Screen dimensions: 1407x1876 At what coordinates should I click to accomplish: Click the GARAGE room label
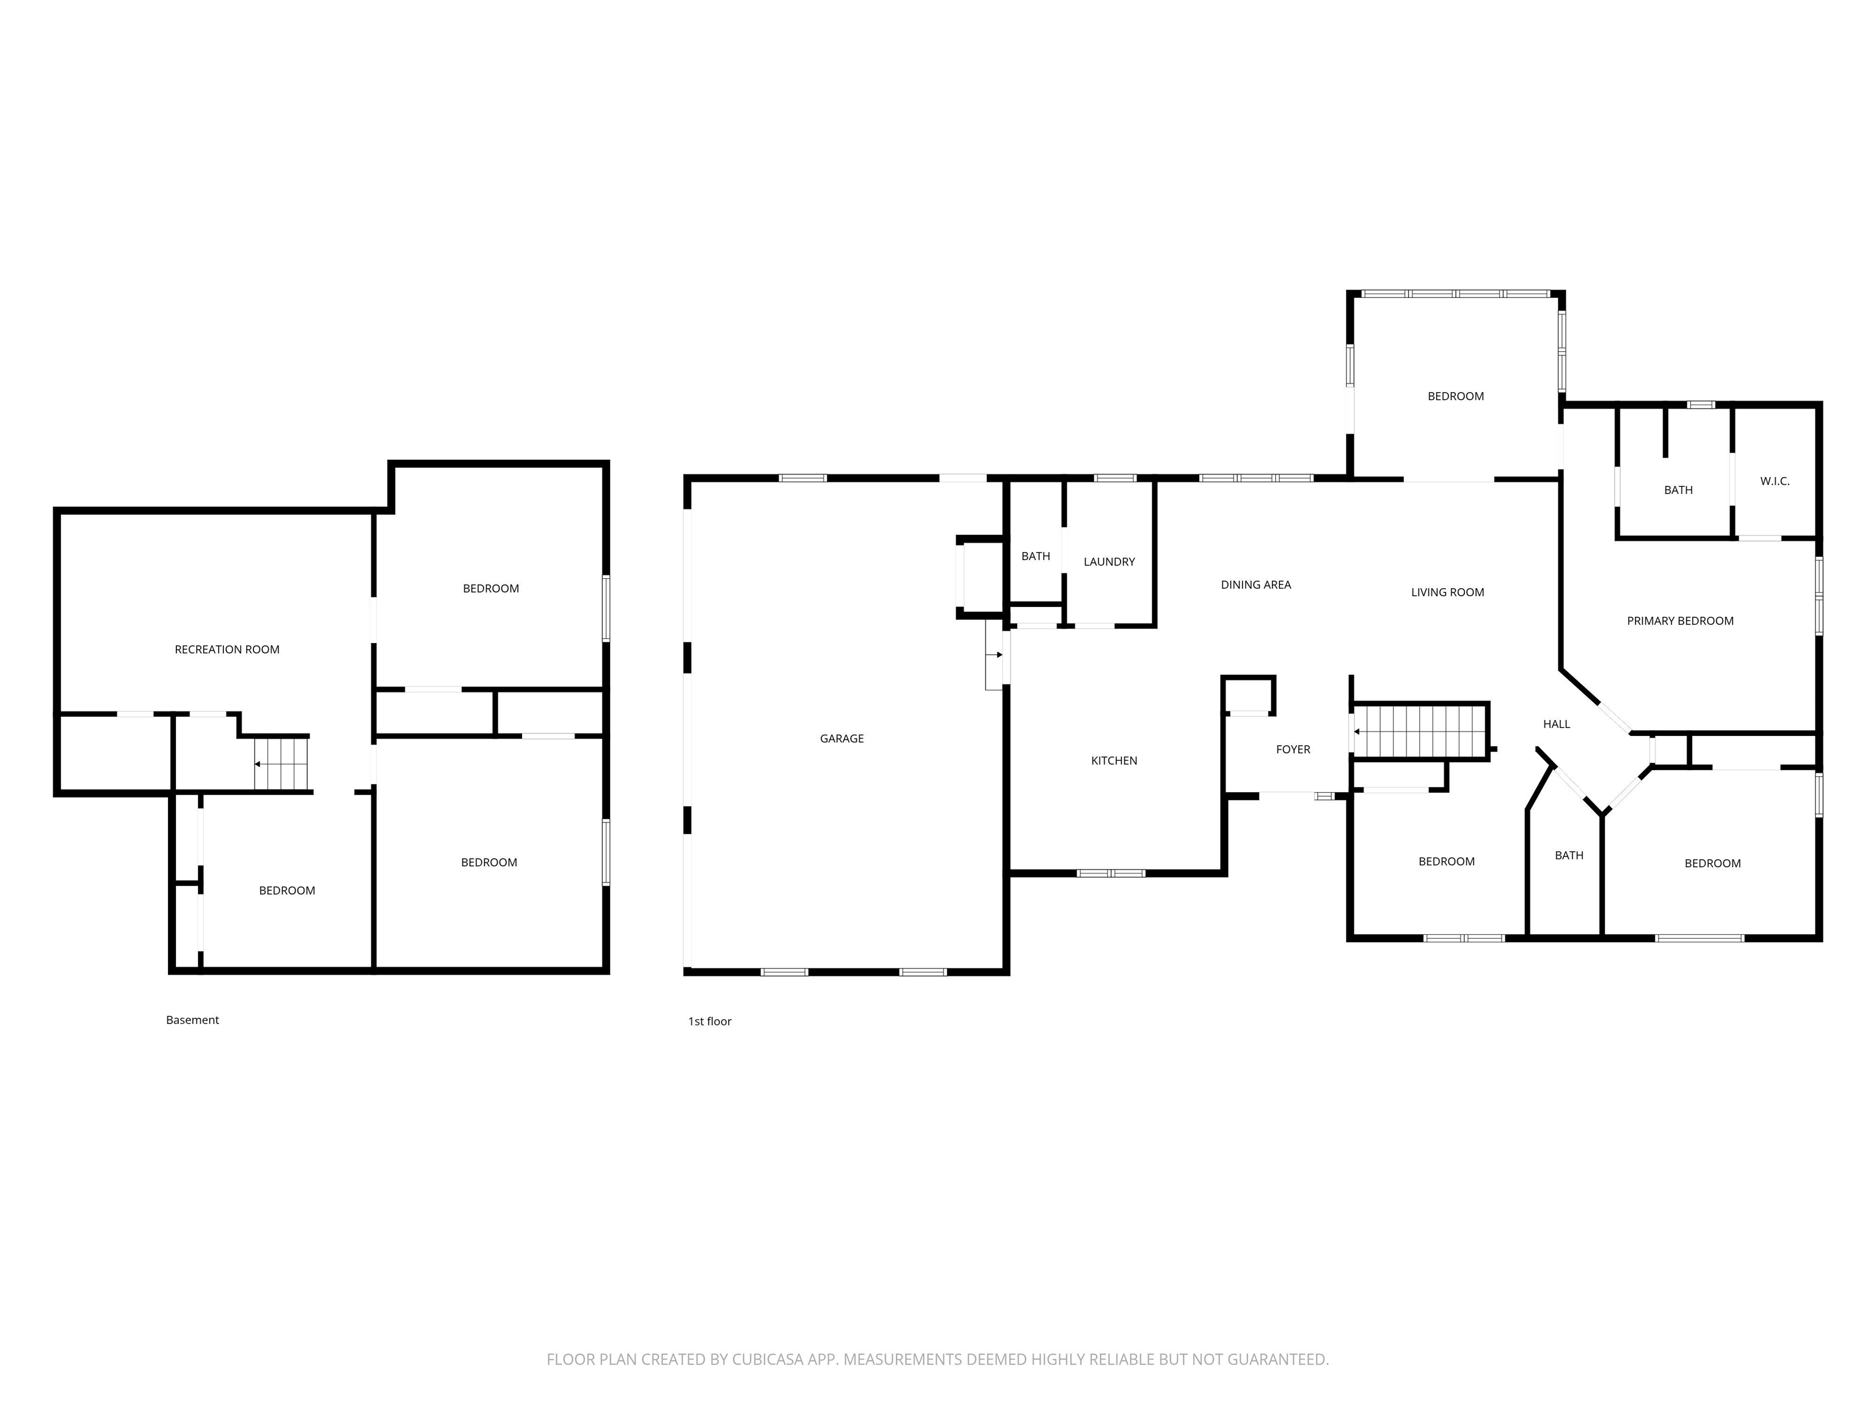pyautogui.click(x=842, y=739)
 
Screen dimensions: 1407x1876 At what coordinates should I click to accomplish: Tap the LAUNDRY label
pyautogui.click(x=1108, y=561)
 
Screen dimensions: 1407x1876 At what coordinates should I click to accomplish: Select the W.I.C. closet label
pyautogui.click(x=1774, y=481)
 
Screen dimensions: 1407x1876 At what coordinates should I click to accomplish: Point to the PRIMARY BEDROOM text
pyautogui.click(x=1679, y=621)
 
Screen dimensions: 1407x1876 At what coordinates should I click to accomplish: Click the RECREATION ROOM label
pyautogui.click(x=227, y=650)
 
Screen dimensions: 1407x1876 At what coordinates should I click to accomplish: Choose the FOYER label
pyautogui.click(x=1293, y=750)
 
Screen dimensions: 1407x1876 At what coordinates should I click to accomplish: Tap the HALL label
pyautogui.click(x=1556, y=724)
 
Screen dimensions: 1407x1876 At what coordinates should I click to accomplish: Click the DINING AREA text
pyautogui.click(x=1255, y=584)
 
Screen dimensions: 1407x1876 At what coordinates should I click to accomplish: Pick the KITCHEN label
pyautogui.click(x=1113, y=761)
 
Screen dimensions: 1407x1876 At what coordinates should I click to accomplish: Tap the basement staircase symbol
pyautogui.click(x=282, y=763)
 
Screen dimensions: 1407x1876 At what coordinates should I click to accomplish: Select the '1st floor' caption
pyautogui.click(x=709, y=1021)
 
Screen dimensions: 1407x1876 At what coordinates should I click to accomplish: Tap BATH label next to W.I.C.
pyautogui.click(x=1678, y=490)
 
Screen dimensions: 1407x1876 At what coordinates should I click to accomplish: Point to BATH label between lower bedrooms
pyautogui.click(x=1568, y=856)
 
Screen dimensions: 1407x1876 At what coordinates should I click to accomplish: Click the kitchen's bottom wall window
pyautogui.click(x=1110, y=873)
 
